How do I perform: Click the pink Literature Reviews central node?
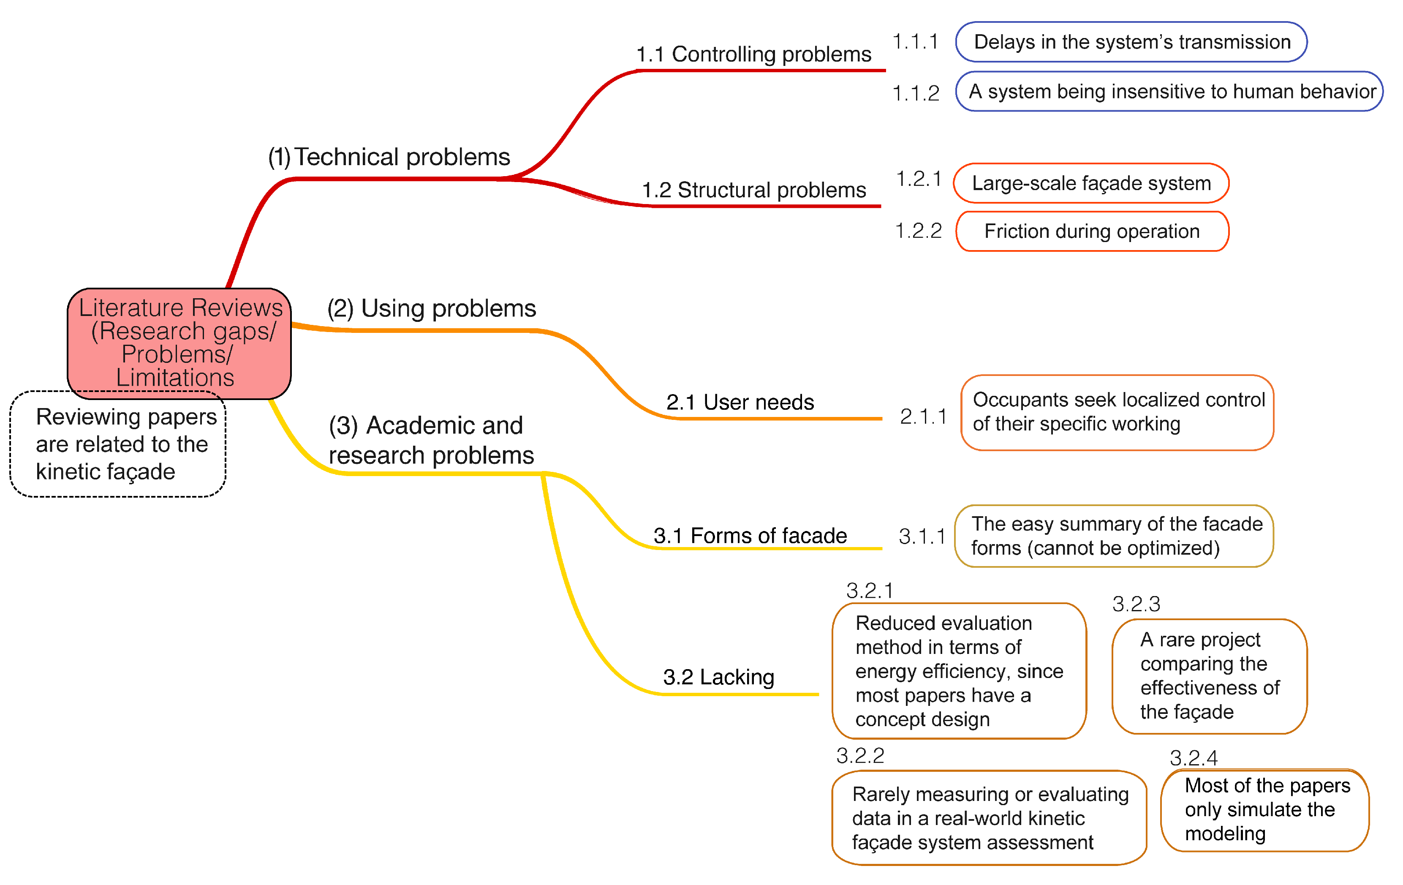click(x=179, y=343)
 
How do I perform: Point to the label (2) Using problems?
click(x=431, y=308)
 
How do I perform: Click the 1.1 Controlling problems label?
click(x=753, y=54)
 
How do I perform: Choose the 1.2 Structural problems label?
click(x=753, y=190)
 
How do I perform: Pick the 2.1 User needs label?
click(x=740, y=402)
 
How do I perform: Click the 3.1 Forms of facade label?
click(x=750, y=535)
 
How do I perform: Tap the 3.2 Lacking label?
click(x=718, y=677)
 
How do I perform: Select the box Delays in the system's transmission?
click(x=1131, y=42)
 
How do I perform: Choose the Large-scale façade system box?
click(x=1091, y=183)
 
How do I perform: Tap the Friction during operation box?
click(x=1092, y=231)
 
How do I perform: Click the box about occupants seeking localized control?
click(x=1117, y=412)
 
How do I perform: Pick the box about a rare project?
click(x=1209, y=676)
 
